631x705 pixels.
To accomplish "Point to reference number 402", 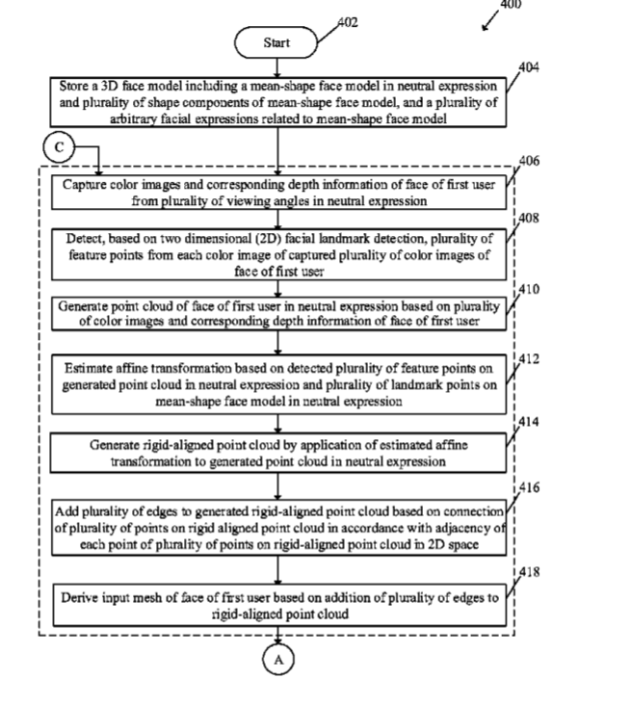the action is (348, 22).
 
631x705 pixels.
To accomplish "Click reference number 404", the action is (529, 67).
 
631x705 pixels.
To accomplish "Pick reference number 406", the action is (529, 161).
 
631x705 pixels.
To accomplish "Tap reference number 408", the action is (529, 218).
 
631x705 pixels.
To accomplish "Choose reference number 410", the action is (529, 289).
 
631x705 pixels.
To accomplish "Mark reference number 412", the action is (529, 359).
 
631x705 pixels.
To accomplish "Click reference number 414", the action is (529, 421).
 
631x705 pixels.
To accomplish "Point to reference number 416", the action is (530, 487).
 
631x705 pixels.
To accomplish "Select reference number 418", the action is (530, 572).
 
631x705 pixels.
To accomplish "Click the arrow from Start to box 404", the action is (277, 67).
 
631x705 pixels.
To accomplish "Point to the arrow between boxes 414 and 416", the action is (277, 486).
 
